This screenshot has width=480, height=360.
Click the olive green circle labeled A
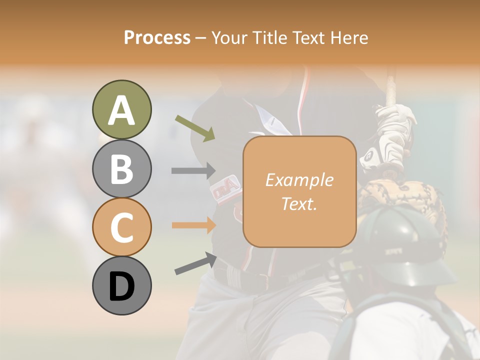[x=122, y=110]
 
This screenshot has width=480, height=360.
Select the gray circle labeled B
[x=122, y=168]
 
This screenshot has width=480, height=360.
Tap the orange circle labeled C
[x=122, y=227]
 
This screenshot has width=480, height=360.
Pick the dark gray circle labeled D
[x=122, y=285]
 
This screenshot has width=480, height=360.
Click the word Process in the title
[x=157, y=37]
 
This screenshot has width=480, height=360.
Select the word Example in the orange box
[x=299, y=180]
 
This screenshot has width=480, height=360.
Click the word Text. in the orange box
[x=299, y=203]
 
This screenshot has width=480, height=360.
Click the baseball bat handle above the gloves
[x=391, y=85]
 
